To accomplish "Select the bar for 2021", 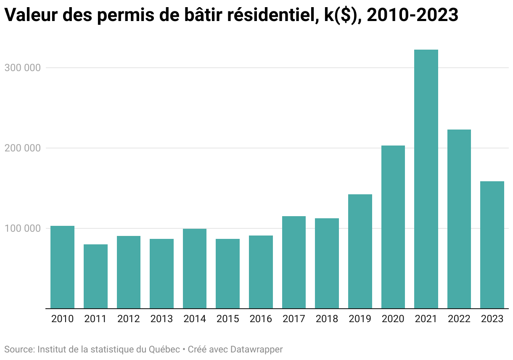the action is pos(426,179).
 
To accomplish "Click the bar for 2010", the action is pos(62,267).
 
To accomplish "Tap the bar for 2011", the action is pos(95,276).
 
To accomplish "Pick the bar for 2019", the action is pos(360,251).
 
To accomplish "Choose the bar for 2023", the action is pos(492,245).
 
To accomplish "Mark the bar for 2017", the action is pos(294,262).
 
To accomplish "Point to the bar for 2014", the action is pos(195,269).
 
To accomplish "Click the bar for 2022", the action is pos(459,219).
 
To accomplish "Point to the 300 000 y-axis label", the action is pos(22,68).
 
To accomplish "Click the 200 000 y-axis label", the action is pos(22,148).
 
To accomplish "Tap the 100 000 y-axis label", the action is pos(22,228).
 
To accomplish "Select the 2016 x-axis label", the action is pos(261,319).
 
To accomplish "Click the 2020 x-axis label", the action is pos(393,319).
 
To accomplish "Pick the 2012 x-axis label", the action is pos(129,319).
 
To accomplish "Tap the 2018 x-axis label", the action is pos(327,319).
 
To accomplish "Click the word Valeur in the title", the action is pos(31,15).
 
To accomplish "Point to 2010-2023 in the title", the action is pos(413,15).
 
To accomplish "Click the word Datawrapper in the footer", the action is pos(256,349).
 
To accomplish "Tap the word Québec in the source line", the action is pos(164,349).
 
